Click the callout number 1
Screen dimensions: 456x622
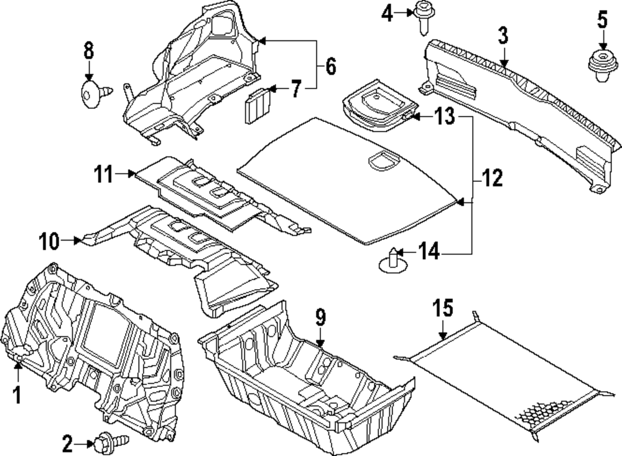[17, 394]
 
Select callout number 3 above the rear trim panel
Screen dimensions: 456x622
[503, 36]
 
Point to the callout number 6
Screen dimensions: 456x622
[330, 65]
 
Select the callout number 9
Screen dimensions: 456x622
[320, 318]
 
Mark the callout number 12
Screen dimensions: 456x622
[491, 181]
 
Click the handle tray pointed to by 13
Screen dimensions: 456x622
[376, 103]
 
